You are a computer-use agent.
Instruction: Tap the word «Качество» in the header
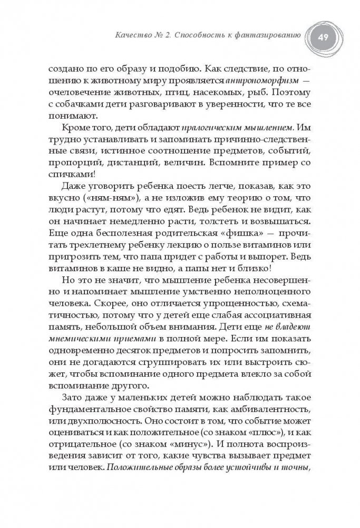point(134,35)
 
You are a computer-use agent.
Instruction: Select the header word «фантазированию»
point(268,35)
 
